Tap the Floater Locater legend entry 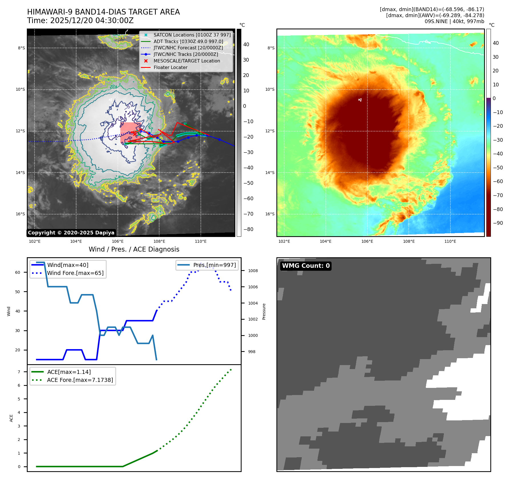(x=170, y=67)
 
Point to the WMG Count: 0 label (x=306, y=266)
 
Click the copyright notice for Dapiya (x=71, y=233)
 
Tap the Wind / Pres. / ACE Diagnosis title (x=134, y=249)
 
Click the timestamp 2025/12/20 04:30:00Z (x=80, y=21)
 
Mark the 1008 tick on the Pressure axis (x=253, y=271)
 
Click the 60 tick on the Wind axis (x=18, y=272)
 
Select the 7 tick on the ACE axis (x=19, y=372)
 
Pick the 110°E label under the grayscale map (x=201, y=241)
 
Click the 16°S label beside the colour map (x=270, y=214)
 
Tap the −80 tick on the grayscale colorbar (x=248, y=229)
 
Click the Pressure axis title (x=264, y=311)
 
